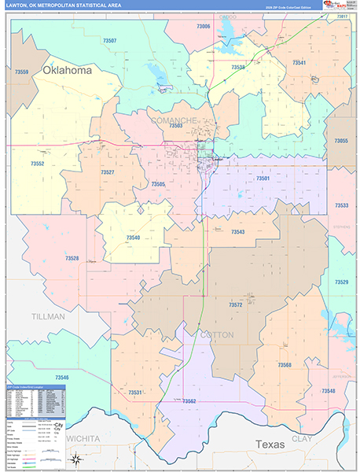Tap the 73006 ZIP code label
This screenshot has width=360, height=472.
(203, 27)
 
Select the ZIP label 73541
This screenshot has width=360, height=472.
(299, 62)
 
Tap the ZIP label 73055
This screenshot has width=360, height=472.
(341, 140)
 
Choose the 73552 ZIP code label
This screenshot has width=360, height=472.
(37, 164)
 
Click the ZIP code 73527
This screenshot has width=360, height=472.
(108, 171)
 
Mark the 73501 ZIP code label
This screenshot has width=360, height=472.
(263, 179)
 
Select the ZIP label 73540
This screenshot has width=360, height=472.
(133, 237)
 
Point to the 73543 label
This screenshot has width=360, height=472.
(238, 232)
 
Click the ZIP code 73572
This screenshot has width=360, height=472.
(235, 304)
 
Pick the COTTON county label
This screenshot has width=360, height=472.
(217, 334)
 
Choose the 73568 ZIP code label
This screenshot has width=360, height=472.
(285, 364)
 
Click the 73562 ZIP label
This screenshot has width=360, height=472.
(189, 401)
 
